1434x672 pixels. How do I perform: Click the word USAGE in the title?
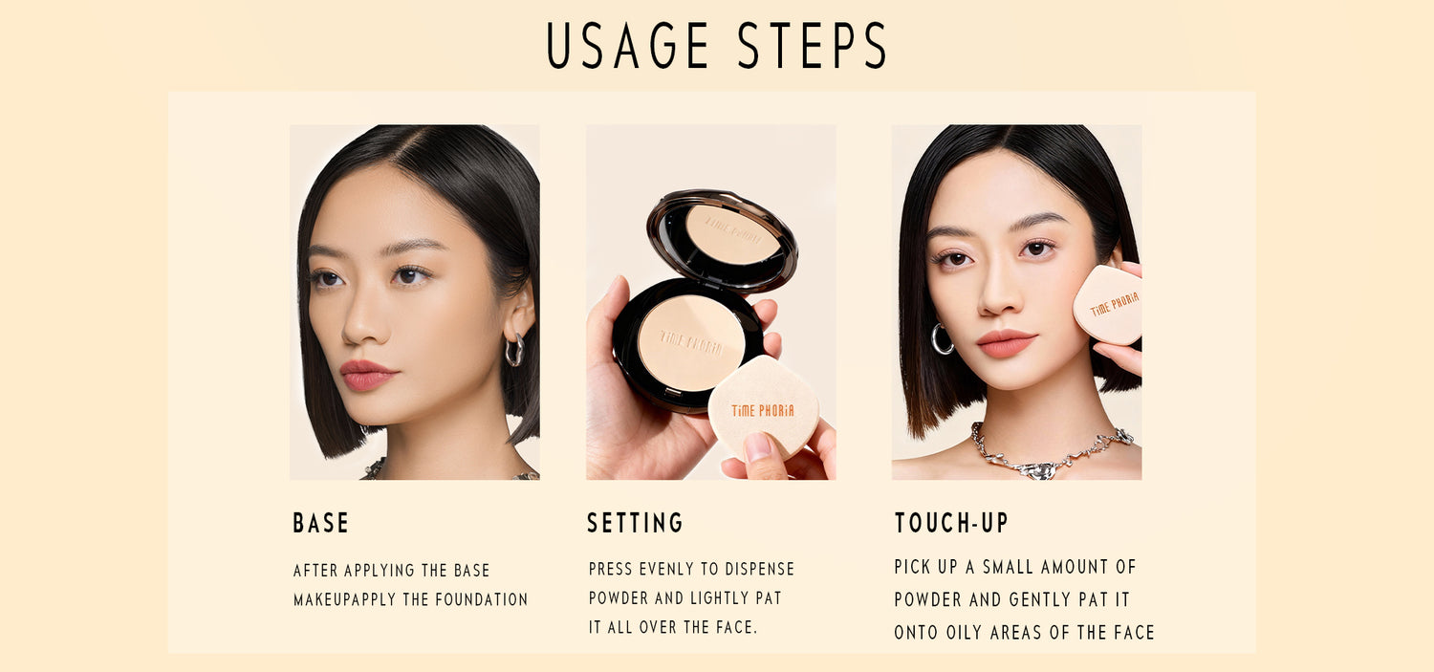tap(627, 46)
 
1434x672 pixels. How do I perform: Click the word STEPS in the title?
tap(812, 46)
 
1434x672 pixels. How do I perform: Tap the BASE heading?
tap(320, 523)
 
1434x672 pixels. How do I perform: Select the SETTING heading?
tap(635, 523)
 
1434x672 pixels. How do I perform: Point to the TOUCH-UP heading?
tap(951, 523)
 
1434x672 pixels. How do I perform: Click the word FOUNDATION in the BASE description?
tap(482, 599)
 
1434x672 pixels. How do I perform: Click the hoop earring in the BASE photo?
tap(514, 350)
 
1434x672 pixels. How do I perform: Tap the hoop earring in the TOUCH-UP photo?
tap(941, 339)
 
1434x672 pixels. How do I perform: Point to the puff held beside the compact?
tap(763, 405)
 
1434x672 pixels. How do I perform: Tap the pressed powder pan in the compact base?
tap(691, 342)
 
